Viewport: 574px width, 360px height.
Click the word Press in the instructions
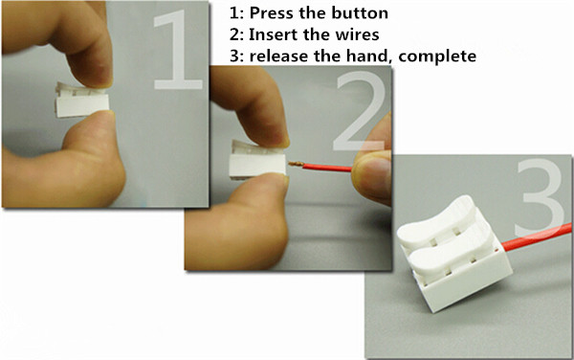click(272, 13)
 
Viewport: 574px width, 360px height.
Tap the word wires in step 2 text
click(357, 34)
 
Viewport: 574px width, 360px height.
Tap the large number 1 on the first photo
click(178, 50)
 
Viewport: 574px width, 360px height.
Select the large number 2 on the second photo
click(361, 111)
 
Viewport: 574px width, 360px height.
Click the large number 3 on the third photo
click(541, 197)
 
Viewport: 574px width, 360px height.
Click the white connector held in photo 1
click(82, 100)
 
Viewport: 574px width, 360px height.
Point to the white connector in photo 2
click(257, 160)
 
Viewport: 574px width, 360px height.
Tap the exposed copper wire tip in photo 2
click(296, 164)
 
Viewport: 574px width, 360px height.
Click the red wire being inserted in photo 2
click(327, 168)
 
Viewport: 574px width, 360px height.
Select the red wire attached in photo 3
click(537, 236)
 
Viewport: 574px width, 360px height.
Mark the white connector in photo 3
click(454, 254)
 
